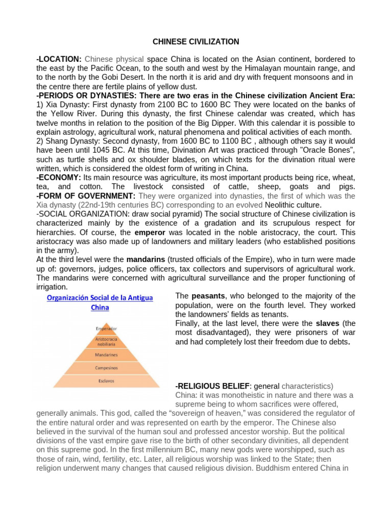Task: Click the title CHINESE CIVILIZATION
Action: click(196, 41)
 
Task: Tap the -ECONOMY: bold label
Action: click(59, 177)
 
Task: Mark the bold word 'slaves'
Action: click(328, 324)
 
